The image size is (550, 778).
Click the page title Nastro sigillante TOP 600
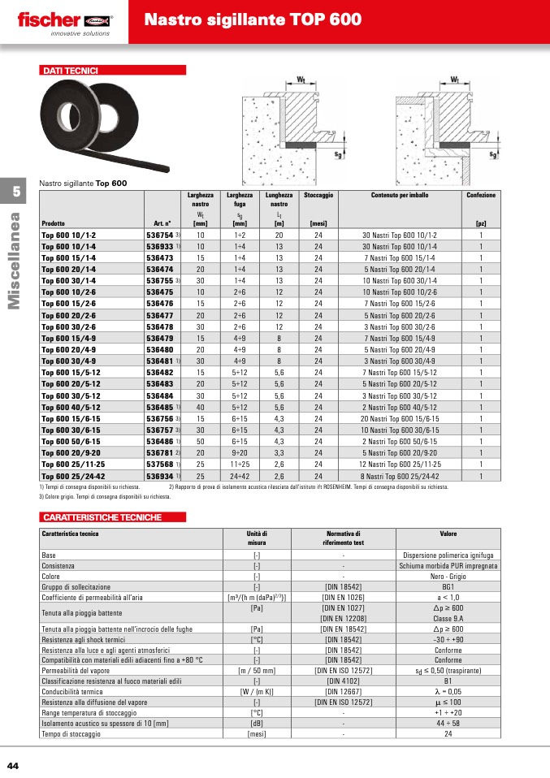(253, 20)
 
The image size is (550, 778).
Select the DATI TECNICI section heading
(70, 71)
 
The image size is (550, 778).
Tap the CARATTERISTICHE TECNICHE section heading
(102, 517)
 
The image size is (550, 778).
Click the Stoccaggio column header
(318, 196)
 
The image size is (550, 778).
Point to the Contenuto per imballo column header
(400, 196)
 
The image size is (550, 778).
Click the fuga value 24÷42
(240, 475)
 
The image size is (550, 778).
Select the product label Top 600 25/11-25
(71, 464)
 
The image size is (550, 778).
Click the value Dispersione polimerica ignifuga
(448, 555)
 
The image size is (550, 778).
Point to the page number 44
(13, 766)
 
